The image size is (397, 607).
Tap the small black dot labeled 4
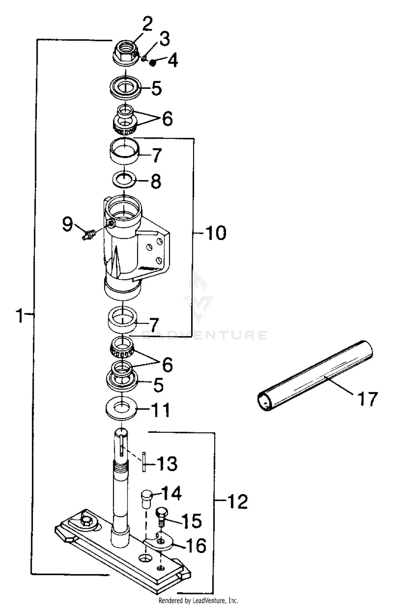(152, 63)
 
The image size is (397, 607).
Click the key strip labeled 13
(144, 462)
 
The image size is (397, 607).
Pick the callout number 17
(367, 399)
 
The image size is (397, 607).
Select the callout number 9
(67, 224)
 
